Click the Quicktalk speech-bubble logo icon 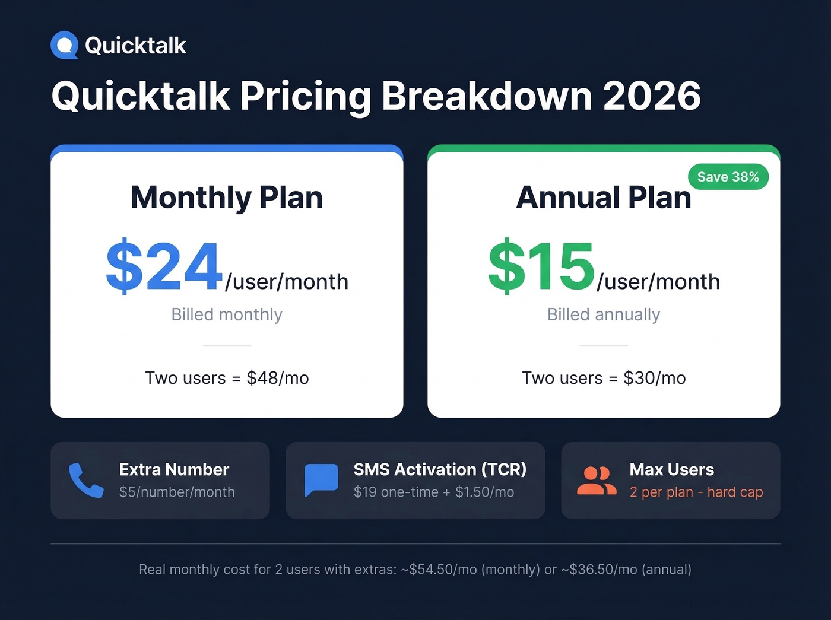tap(64, 45)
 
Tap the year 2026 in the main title tap(651, 96)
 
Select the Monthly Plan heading tap(227, 198)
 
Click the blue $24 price tap(164, 266)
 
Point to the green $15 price tap(541, 266)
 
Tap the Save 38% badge tap(728, 177)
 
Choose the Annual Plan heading tap(604, 198)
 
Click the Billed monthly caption tap(227, 314)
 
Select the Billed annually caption tap(603, 314)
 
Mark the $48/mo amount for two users tap(278, 378)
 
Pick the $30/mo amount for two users tap(654, 378)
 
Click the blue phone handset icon tap(86, 480)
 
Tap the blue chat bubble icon tap(321, 479)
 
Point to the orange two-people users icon tap(597, 480)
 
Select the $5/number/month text tap(177, 492)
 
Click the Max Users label tap(671, 469)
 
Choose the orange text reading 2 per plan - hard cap tap(696, 492)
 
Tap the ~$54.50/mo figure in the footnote tap(439, 570)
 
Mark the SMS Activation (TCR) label tap(440, 469)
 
